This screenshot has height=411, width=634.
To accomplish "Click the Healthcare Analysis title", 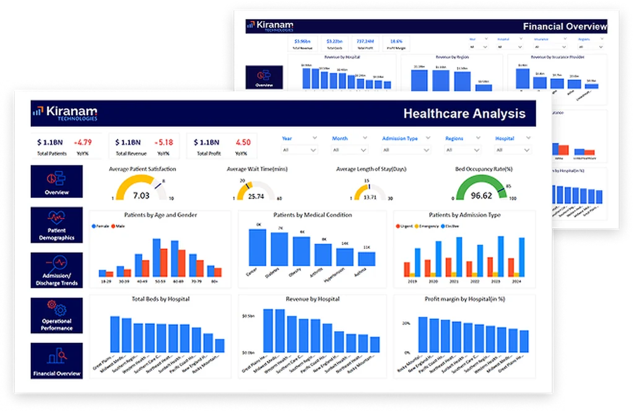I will (464, 114).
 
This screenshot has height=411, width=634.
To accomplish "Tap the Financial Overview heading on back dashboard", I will (565, 27).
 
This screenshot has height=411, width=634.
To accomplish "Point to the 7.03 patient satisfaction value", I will (141, 196).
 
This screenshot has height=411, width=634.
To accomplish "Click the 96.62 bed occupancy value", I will (481, 196).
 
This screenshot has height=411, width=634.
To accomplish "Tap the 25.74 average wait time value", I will (256, 196).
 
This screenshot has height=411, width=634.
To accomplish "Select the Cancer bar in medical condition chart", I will (257, 248).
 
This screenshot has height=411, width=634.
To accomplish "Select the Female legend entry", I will (100, 227).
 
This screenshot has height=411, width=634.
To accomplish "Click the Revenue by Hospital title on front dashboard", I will (312, 299).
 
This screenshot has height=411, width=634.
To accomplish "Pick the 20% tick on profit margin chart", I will (406, 324).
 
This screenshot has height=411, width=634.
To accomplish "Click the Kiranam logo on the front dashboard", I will (65, 114).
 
